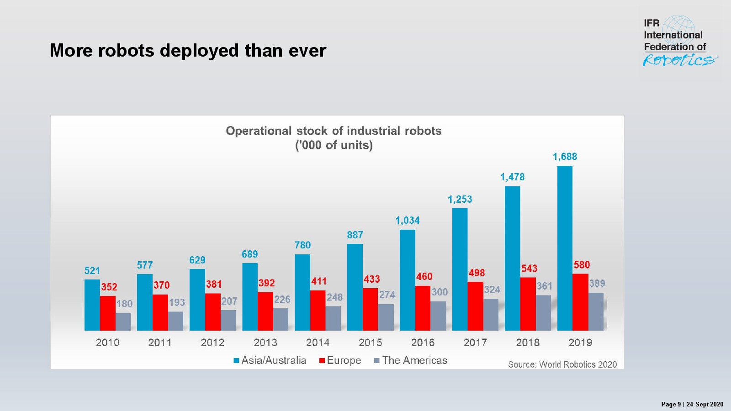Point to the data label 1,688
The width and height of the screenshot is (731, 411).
[565, 157]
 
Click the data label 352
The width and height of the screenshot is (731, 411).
[109, 287]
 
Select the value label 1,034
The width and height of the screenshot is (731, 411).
[408, 221]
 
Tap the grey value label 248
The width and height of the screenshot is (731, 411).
[334, 297]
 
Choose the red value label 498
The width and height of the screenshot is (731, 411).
[477, 273]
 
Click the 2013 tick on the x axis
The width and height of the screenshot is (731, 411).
[265, 342]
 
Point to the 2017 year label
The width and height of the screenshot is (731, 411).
[475, 342]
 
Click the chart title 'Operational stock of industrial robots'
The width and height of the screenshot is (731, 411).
[334, 131]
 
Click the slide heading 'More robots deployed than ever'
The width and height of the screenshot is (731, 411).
[188, 51]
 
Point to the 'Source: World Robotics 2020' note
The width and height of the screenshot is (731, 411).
[562, 364]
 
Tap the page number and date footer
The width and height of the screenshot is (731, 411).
[692, 404]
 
